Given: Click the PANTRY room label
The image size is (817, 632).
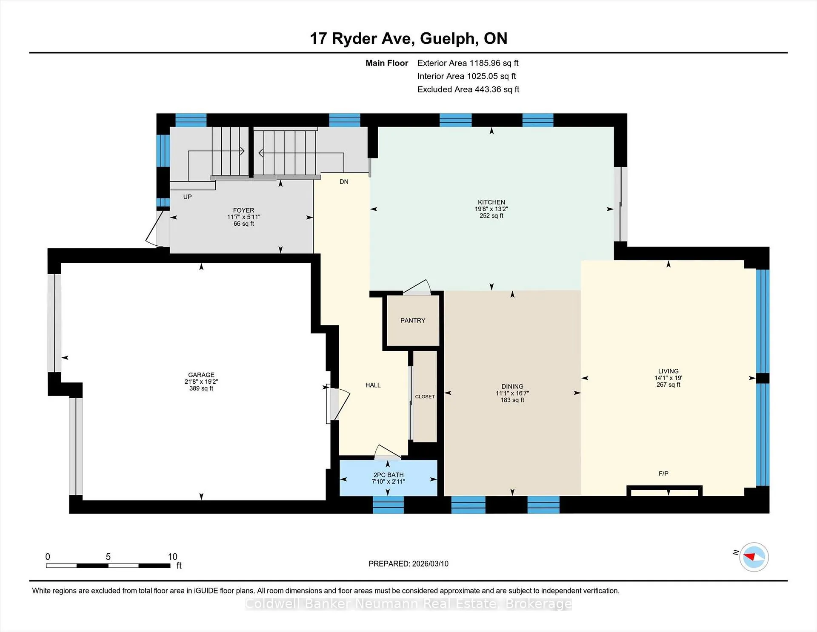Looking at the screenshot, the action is [x=413, y=321].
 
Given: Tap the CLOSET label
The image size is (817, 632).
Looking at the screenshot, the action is [x=425, y=396].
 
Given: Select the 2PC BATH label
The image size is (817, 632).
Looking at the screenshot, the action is [x=389, y=475].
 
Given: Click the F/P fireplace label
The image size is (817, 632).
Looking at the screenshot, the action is [x=663, y=474].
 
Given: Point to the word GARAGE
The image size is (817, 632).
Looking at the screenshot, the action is [x=201, y=375].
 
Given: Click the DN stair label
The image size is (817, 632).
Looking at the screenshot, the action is [x=344, y=182].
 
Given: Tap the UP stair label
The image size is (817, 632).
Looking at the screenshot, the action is [x=187, y=197].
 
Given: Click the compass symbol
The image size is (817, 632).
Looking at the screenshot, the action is [x=754, y=557].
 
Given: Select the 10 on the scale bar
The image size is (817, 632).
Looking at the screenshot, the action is [x=172, y=557].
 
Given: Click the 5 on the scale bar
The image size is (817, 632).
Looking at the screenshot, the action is [x=108, y=557].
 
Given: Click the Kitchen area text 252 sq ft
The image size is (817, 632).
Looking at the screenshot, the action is [x=491, y=216].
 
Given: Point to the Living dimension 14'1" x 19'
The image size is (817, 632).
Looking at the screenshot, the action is [x=668, y=378].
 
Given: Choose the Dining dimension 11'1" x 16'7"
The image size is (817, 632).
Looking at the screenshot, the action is [x=512, y=394].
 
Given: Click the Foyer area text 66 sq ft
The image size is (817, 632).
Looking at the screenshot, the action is [x=243, y=224].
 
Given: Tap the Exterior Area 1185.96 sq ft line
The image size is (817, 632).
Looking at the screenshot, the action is [x=468, y=63].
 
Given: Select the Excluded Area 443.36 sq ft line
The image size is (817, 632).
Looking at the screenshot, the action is [x=468, y=89].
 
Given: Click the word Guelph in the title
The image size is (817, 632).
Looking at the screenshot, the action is [x=448, y=39].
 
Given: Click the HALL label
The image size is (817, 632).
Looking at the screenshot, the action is [x=373, y=385].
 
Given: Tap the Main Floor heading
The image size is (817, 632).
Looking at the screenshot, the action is [x=387, y=63].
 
